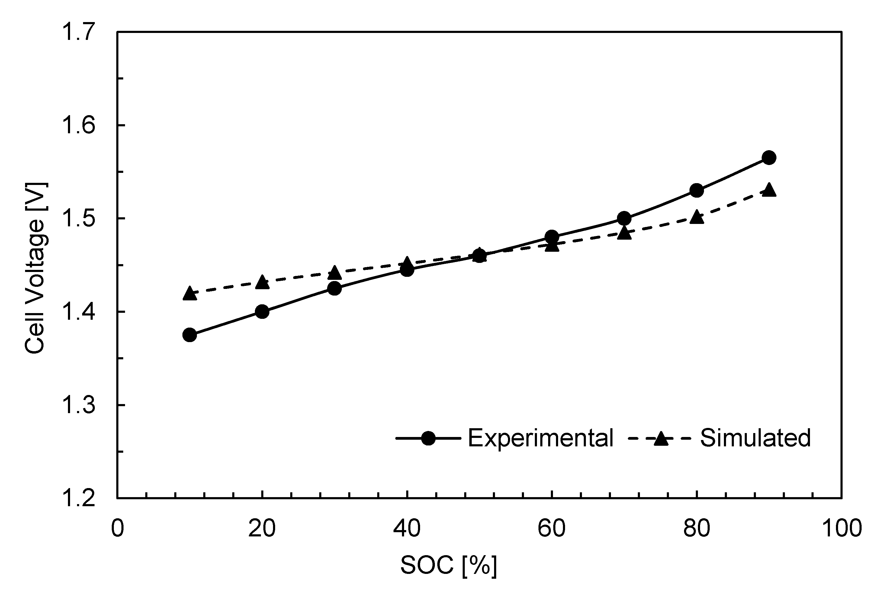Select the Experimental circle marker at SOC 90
(x=769, y=158)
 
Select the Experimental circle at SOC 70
(x=624, y=218)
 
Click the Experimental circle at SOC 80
(x=696, y=190)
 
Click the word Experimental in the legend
(x=540, y=438)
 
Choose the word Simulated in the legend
(x=755, y=438)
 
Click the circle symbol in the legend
(x=428, y=438)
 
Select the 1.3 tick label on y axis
(x=78, y=405)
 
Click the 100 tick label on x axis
(x=841, y=529)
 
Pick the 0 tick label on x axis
(x=117, y=529)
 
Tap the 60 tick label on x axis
(x=551, y=529)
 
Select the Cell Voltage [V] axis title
(x=34, y=268)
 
